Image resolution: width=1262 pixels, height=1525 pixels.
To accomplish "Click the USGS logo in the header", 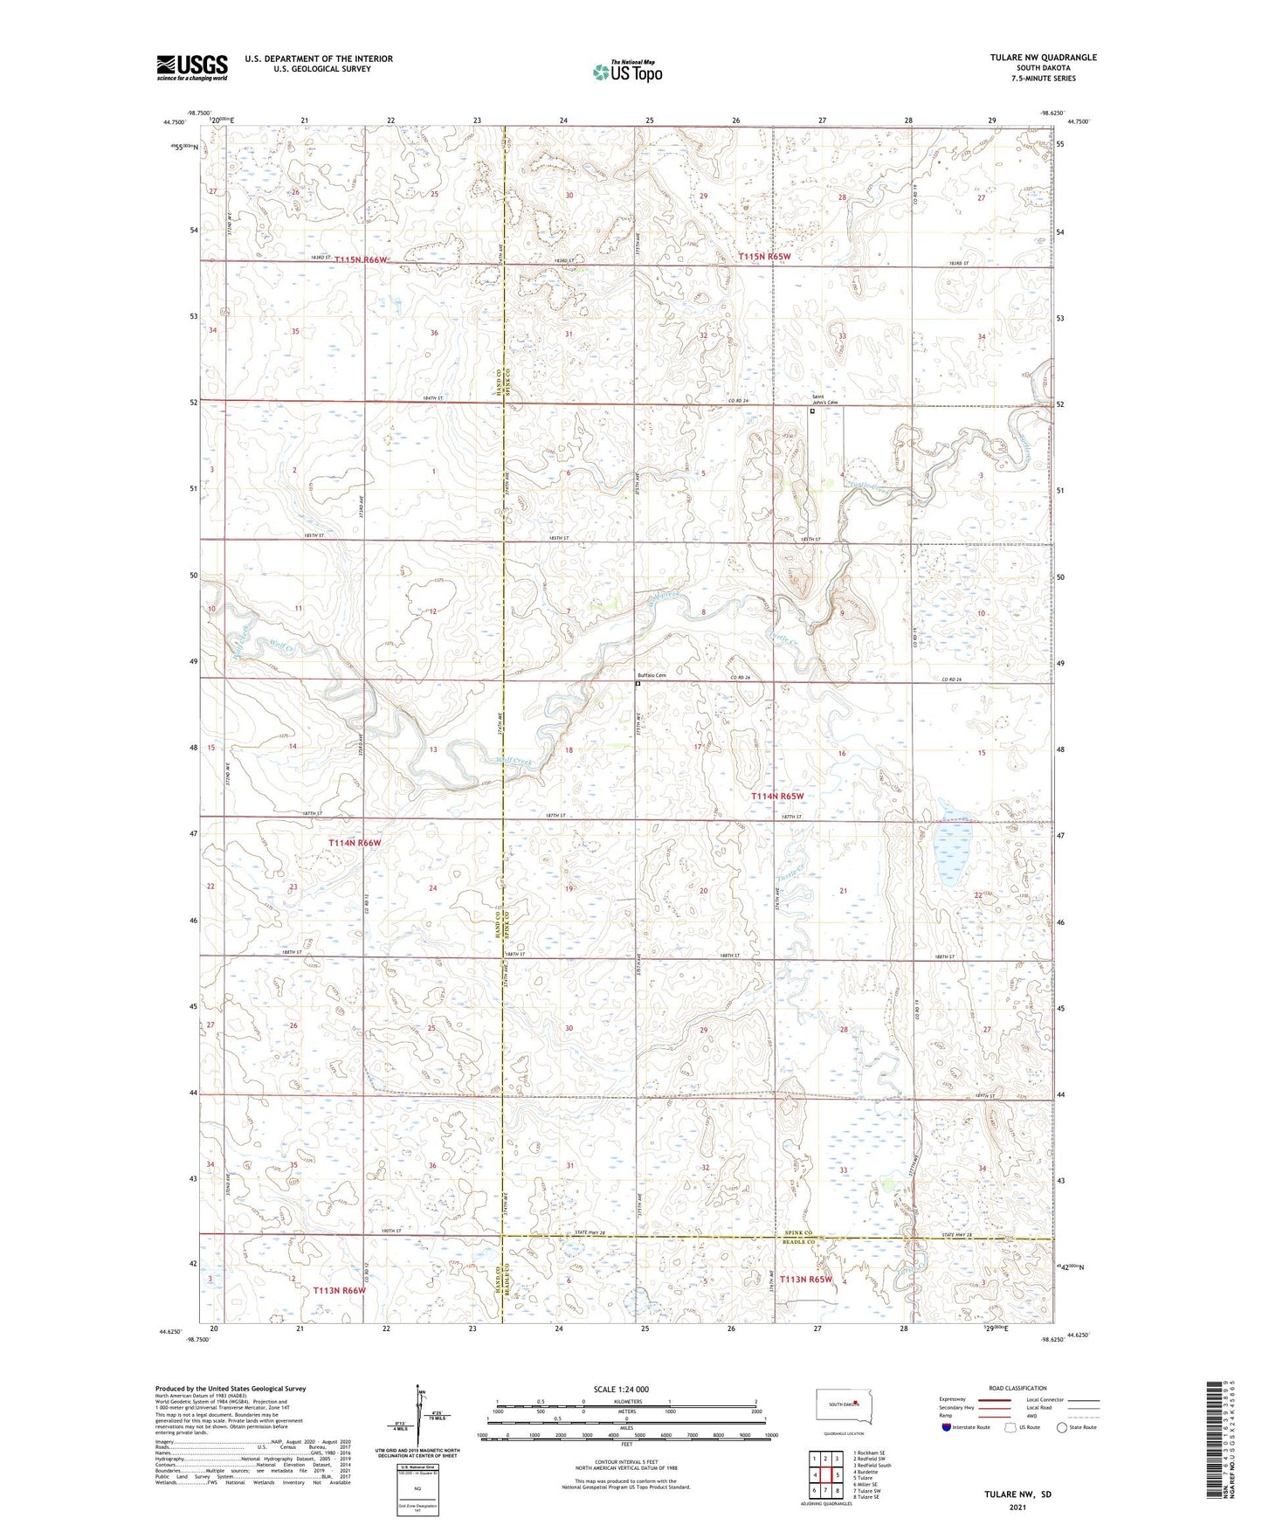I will [192, 67].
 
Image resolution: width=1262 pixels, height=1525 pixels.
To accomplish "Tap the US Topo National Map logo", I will [625, 72].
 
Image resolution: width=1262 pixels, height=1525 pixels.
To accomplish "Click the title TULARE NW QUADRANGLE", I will [1043, 58].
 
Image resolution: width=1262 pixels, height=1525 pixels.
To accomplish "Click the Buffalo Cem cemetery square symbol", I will [638, 685].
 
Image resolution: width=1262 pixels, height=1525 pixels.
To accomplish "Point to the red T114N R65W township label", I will [777, 797].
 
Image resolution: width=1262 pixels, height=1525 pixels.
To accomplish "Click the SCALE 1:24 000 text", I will [621, 1390].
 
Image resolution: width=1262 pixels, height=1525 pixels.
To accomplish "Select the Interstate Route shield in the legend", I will [946, 1428].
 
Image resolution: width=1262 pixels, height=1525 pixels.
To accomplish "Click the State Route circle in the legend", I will [1062, 1428].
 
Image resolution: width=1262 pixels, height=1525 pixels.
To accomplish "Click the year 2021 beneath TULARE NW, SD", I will [1017, 1507].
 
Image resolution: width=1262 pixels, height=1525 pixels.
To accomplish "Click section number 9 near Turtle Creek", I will [842, 613].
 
